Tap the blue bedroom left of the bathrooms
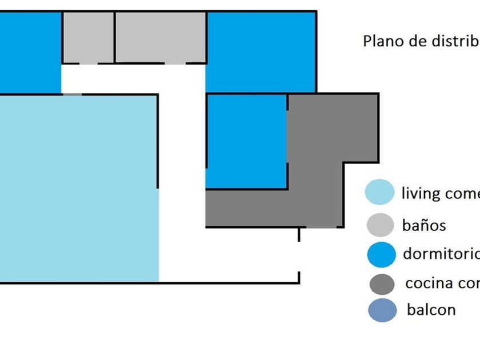click(x=30, y=51)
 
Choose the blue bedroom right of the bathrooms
click(x=261, y=51)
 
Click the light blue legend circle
click(x=379, y=192)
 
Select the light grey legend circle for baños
click(x=379, y=225)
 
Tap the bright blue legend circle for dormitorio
click(x=379, y=254)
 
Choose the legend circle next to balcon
click(x=382, y=310)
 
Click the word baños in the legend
click(x=423, y=225)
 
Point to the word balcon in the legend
click(x=431, y=310)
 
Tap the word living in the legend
click(x=421, y=193)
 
